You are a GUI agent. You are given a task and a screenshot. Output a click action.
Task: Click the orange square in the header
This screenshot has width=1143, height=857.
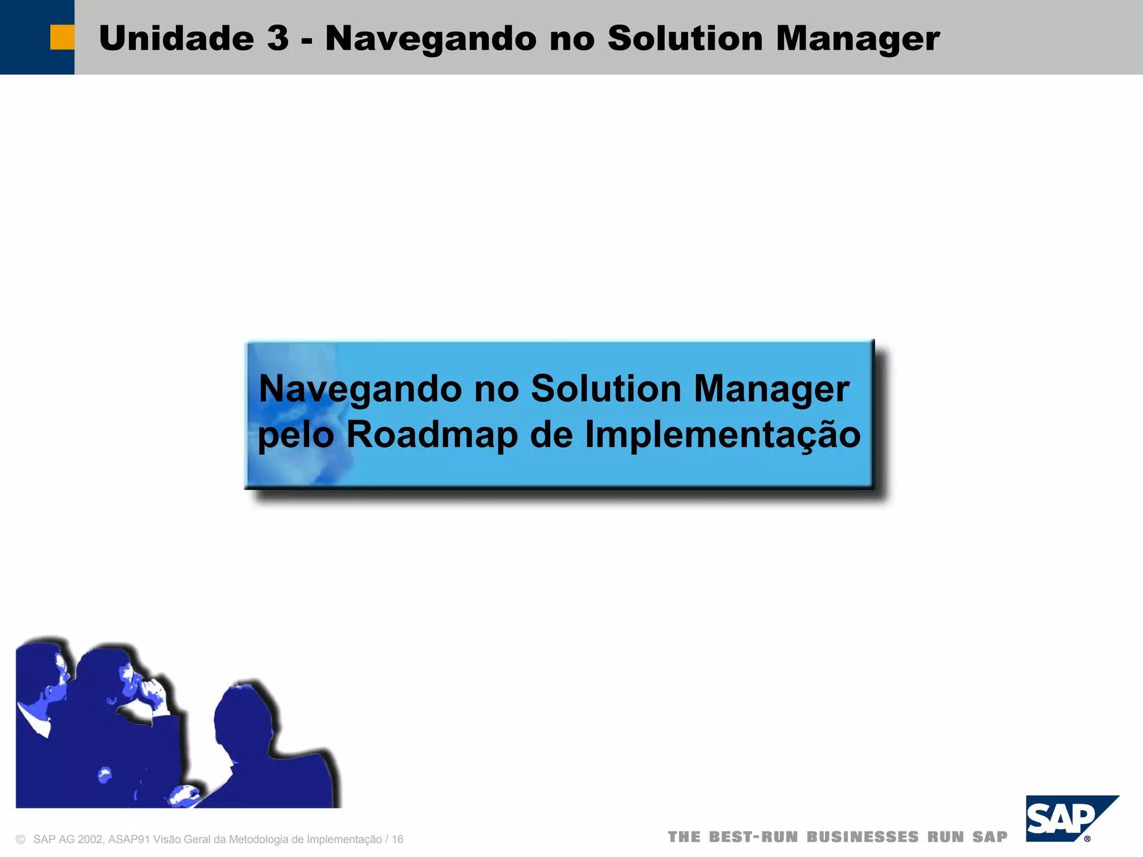tap(62, 37)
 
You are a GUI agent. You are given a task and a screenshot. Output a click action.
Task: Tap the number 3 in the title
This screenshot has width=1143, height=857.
tap(277, 38)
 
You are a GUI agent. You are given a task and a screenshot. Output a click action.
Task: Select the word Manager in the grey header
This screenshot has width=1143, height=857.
tap(857, 40)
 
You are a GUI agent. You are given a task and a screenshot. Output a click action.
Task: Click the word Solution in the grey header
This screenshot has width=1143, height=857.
tap(685, 38)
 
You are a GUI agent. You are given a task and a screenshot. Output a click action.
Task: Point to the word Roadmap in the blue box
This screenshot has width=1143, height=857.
tap(432, 435)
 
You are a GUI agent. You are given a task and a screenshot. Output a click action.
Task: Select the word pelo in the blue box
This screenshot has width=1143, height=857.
tap(296, 436)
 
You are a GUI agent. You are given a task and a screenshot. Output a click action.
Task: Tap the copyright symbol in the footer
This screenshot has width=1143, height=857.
tap(21, 839)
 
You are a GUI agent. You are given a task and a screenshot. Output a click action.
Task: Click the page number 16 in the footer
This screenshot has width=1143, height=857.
tap(397, 839)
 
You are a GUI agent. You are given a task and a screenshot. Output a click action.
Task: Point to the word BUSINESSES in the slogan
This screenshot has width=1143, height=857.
tap(862, 837)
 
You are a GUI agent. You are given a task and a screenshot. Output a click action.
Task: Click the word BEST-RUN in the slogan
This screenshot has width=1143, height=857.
tap(753, 837)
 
